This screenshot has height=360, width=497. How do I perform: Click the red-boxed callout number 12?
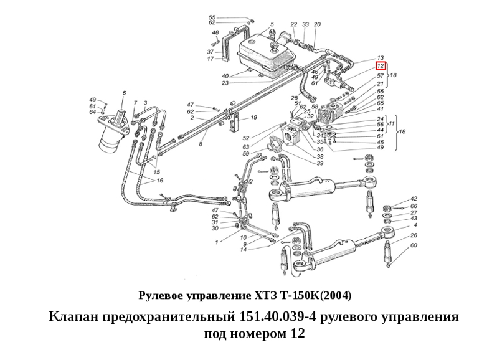tap(381, 66)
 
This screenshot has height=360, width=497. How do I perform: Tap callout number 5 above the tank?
tap(272, 24)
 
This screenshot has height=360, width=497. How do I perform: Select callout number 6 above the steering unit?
tap(124, 93)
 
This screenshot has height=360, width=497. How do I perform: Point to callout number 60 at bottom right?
tap(414, 245)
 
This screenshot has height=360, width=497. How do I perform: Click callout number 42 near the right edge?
tap(414, 199)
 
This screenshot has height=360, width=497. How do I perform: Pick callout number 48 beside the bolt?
tap(215, 32)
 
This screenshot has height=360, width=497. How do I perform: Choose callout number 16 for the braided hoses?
tap(159, 181)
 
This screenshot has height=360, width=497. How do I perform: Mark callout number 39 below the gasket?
tap(320, 164)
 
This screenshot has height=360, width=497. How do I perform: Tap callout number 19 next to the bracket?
tap(253, 118)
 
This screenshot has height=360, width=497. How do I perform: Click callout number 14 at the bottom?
tap(244, 249)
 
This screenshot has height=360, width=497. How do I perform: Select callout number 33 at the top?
tap(306, 24)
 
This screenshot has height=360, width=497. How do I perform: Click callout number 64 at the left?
tap(93, 112)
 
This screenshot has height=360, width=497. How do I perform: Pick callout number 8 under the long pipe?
tap(201, 144)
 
